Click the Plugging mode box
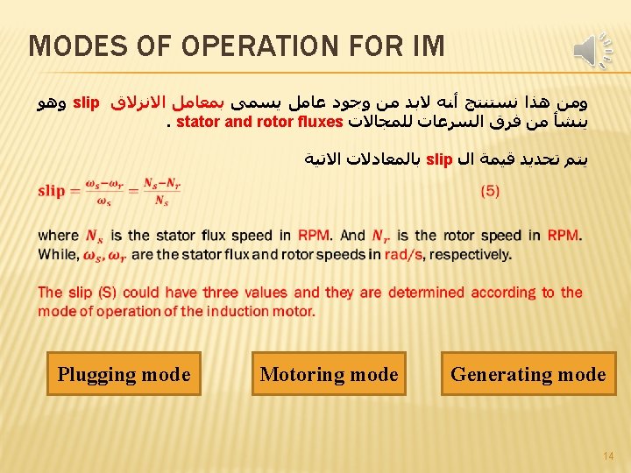tap(124, 374)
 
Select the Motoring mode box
tap(329, 374)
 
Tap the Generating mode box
tap(528, 374)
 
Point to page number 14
tap(606, 455)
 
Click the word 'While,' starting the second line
tap(57, 255)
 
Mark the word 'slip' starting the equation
tap(52, 191)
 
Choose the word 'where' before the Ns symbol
tap(59, 236)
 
